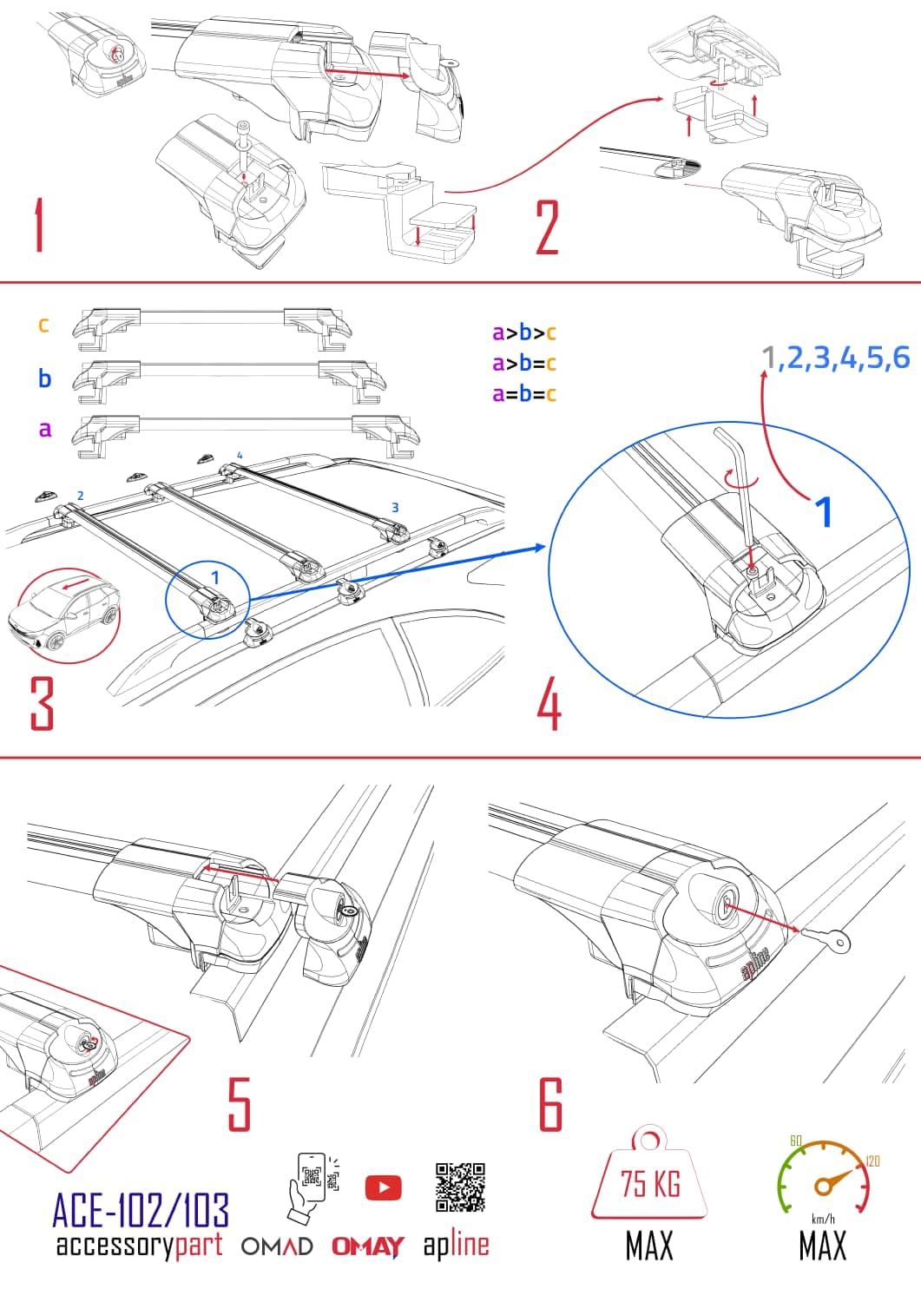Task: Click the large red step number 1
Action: (x=39, y=226)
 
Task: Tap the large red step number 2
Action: (x=547, y=227)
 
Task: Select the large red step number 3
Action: (x=42, y=703)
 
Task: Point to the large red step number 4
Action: (x=549, y=705)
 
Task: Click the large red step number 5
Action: (x=239, y=1104)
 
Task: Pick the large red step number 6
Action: (x=551, y=1104)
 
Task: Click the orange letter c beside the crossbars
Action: (x=43, y=325)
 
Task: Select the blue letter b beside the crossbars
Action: (x=44, y=378)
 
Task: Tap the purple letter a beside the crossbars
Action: (x=44, y=429)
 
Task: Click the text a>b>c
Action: (x=523, y=332)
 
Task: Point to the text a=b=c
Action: (x=523, y=394)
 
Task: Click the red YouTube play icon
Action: (x=383, y=1187)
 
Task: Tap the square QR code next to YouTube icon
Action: (x=460, y=1187)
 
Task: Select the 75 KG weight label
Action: (x=649, y=1183)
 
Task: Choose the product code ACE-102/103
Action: (x=141, y=1209)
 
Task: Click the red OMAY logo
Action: (x=367, y=1246)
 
